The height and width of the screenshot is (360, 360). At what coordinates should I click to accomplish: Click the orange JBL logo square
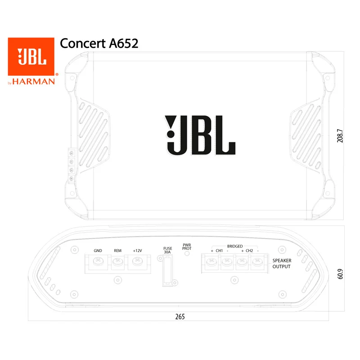(x=31, y=57)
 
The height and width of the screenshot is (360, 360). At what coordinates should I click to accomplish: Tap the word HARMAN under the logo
(x=33, y=81)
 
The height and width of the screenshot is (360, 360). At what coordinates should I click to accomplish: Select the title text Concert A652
(x=99, y=43)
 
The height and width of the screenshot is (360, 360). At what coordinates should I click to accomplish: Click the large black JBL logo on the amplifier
(x=200, y=135)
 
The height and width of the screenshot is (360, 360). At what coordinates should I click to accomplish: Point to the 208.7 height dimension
(x=340, y=136)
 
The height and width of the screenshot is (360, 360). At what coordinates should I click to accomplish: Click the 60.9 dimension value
(x=340, y=274)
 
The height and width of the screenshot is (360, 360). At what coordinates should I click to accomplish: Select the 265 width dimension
(x=180, y=317)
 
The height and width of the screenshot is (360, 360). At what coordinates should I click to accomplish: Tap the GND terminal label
(x=98, y=251)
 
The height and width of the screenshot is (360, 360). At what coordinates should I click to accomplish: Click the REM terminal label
(x=117, y=251)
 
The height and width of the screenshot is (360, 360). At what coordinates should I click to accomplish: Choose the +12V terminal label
(x=138, y=251)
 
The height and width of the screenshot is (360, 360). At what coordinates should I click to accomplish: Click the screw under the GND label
(x=98, y=261)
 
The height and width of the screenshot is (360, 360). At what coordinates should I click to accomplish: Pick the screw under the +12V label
(x=138, y=261)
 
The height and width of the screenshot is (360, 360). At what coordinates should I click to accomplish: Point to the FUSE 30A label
(x=167, y=250)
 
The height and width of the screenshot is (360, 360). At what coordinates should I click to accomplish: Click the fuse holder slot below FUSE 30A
(x=167, y=271)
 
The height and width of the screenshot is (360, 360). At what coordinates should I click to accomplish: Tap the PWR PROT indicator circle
(x=187, y=253)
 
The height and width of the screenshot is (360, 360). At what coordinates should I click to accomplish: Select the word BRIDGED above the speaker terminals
(x=235, y=246)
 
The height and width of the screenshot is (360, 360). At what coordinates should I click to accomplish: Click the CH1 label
(x=219, y=251)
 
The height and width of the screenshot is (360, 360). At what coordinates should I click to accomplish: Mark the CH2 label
(x=249, y=251)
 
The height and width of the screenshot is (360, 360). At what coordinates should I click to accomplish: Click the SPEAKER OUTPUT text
(x=282, y=264)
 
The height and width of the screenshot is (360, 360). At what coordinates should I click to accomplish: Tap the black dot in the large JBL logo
(x=171, y=134)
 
